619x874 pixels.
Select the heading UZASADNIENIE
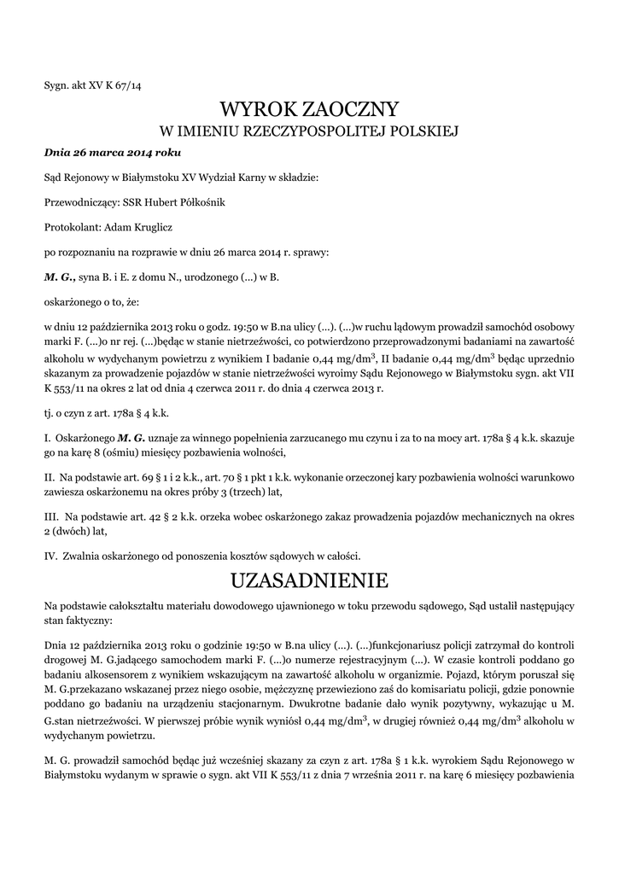[309, 580]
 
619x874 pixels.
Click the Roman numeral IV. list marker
[50, 555]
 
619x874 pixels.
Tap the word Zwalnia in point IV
[83, 555]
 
